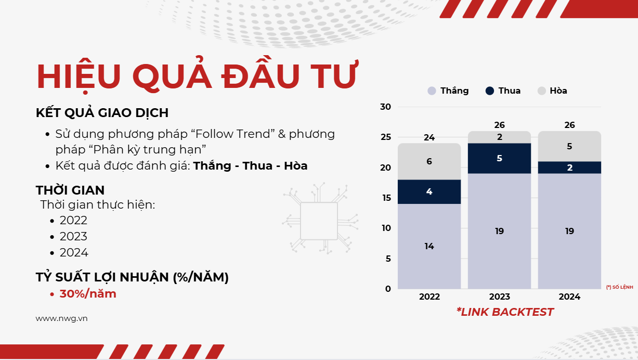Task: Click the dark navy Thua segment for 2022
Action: click(x=429, y=191)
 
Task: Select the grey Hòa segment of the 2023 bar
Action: click(x=499, y=137)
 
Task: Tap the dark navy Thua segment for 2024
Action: click(x=569, y=168)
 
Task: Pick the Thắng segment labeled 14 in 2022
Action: click(x=429, y=246)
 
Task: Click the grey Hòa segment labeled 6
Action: click(x=429, y=161)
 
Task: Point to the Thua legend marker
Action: click(x=490, y=91)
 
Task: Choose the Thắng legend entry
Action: click(x=448, y=91)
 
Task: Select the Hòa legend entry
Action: click(x=552, y=91)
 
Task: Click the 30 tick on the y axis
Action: click(x=385, y=107)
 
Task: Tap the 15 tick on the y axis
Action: click(x=386, y=198)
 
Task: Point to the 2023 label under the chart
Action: click(x=499, y=297)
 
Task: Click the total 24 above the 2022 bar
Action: click(x=429, y=138)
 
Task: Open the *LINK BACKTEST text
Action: click(x=505, y=312)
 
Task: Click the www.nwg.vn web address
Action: click(x=61, y=319)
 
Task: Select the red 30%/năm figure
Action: click(x=88, y=294)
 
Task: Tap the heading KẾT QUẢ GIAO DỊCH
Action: click(x=102, y=112)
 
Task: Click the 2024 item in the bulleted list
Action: click(x=74, y=252)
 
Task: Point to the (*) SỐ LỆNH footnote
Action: click(x=619, y=287)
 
